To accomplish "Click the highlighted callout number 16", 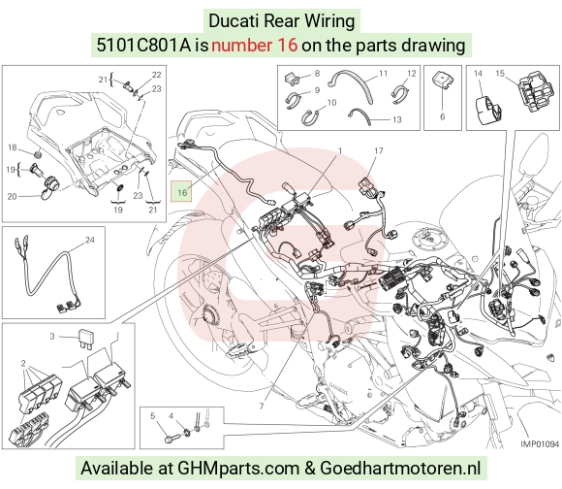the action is (182, 193).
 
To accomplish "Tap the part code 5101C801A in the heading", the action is (144, 46).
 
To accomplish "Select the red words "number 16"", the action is (255, 46).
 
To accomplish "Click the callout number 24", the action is (89, 240).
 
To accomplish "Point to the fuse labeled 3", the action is (86, 340).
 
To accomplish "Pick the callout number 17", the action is (379, 151).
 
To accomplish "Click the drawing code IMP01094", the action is (540, 444).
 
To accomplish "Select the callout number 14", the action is (478, 74).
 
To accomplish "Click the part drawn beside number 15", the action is (536, 91).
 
